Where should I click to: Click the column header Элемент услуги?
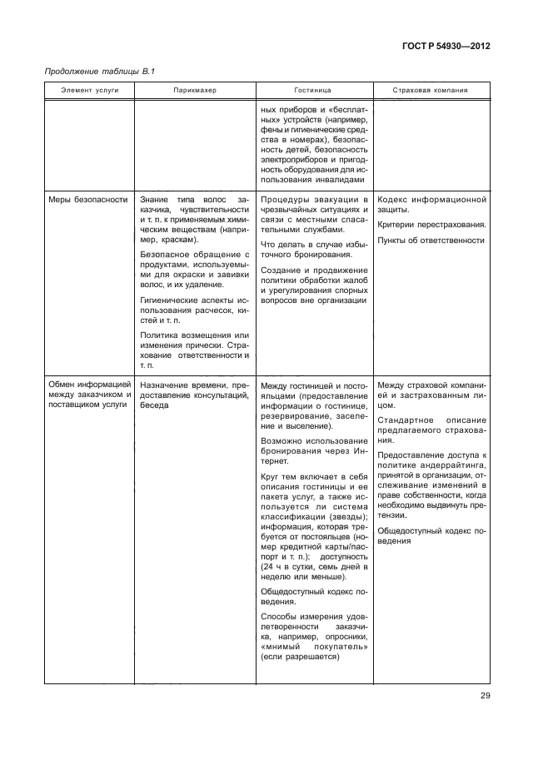click(x=89, y=90)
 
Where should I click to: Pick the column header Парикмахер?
click(x=195, y=90)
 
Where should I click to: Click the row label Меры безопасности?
click(x=81, y=201)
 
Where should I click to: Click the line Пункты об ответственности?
click(x=431, y=240)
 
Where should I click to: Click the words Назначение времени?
click(x=172, y=385)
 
